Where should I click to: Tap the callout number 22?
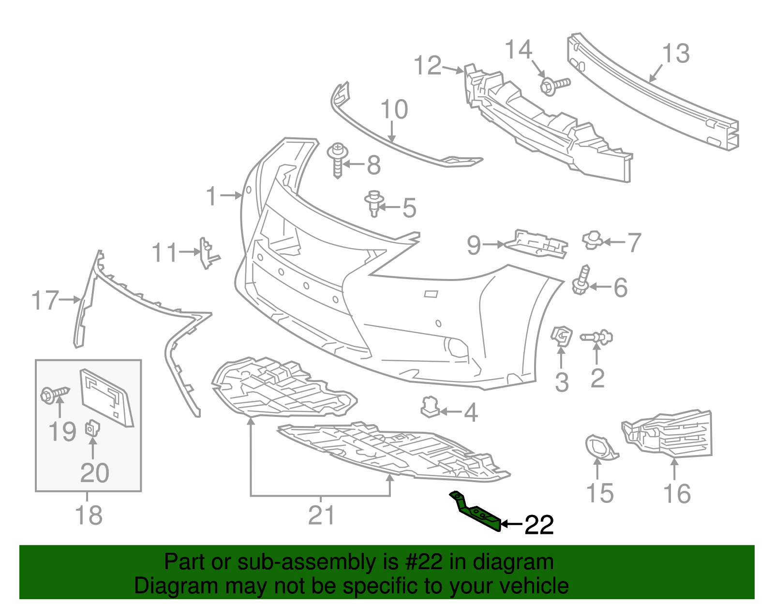[x=539, y=525]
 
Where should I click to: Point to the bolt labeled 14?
[x=554, y=86]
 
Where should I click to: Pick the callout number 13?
[x=675, y=53]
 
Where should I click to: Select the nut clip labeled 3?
[x=561, y=337]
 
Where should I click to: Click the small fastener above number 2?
[x=597, y=337]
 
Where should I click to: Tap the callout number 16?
[x=677, y=494]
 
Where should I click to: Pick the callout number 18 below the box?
[x=89, y=516]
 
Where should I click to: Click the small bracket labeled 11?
[x=208, y=252]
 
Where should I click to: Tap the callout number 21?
[x=321, y=516]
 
